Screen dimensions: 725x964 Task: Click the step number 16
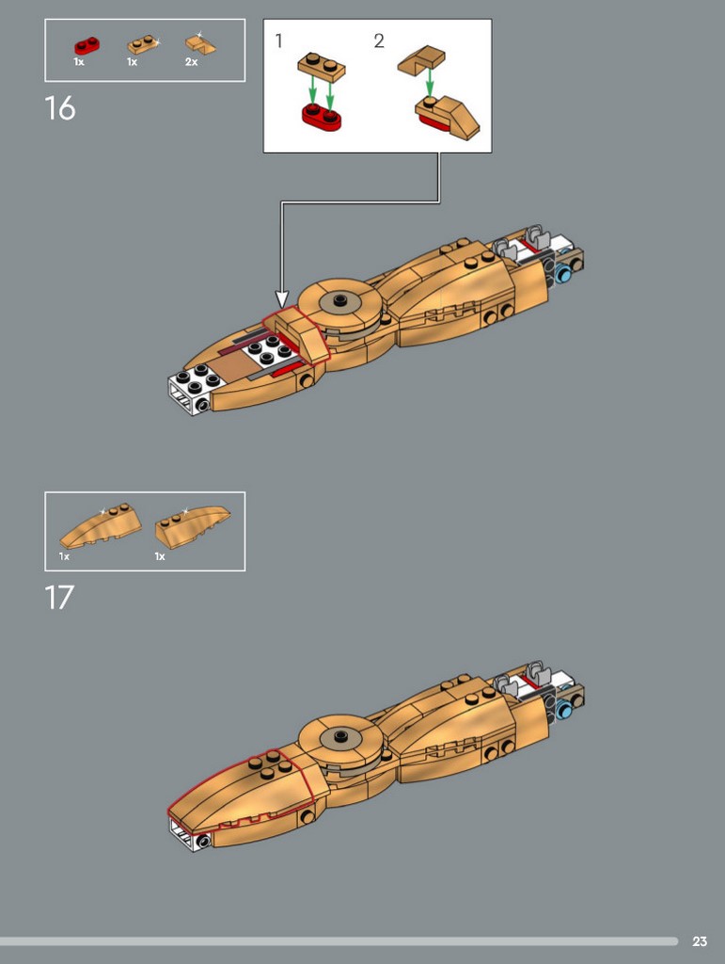[60, 108]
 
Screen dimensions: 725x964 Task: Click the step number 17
[59, 598]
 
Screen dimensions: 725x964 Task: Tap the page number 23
[700, 941]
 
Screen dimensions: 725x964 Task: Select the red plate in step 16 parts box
[87, 45]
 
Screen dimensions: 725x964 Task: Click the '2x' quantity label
[192, 62]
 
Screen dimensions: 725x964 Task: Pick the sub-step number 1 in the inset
[279, 40]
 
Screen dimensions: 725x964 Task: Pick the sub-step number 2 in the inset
[379, 40]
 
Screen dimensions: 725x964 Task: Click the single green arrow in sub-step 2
[430, 81]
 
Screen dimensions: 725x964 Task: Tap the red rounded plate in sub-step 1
[321, 117]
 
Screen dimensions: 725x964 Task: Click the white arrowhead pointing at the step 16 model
[282, 298]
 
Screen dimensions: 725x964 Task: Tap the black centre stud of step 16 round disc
[340, 299]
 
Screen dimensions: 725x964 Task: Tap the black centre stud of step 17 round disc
[340, 734]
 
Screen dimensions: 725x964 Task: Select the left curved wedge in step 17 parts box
[101, 526]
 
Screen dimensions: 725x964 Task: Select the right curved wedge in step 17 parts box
[192, 527]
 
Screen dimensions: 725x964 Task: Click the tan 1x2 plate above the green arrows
[321, 67]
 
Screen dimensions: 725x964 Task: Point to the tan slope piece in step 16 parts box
[200, 45]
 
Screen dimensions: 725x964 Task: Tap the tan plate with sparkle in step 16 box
[142, 45]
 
